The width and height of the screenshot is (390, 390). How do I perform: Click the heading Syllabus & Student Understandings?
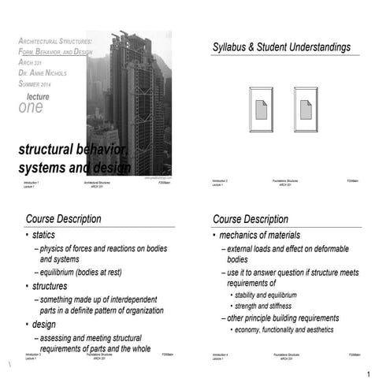click(281, 48)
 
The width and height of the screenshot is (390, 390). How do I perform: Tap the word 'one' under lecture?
click(31, 108)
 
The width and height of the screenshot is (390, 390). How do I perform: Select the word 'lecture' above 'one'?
click(37, 96)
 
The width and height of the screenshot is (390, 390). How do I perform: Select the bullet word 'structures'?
click(50, 286)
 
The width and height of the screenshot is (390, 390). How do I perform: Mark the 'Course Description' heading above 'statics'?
click(63, 219)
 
